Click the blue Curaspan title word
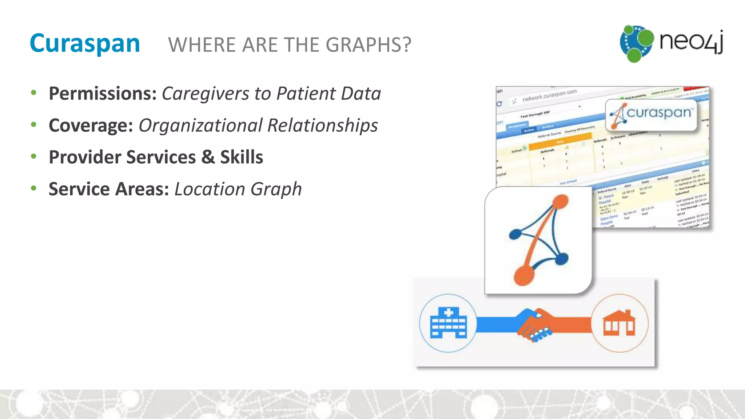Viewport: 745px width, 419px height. tap(85, 44)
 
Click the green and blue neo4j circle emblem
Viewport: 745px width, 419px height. tap(637, 43)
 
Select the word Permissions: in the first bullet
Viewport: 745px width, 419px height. tap(103, 93)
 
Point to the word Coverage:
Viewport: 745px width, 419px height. tap(91, 125)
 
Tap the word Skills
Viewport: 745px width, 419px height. tap(242, 157)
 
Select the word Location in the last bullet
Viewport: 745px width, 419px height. tap(210, 189)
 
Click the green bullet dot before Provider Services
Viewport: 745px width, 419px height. tap(34, 157)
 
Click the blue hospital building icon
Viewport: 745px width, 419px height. tap(448, 323)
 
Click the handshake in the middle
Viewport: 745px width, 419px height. tap(534, 325)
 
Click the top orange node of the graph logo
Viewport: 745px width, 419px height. tap(561, 201)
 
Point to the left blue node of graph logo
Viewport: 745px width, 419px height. tap(515, 234)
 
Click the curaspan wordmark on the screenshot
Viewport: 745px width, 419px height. tap(658, 113)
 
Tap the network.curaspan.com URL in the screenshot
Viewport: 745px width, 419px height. tap(549, 95)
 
